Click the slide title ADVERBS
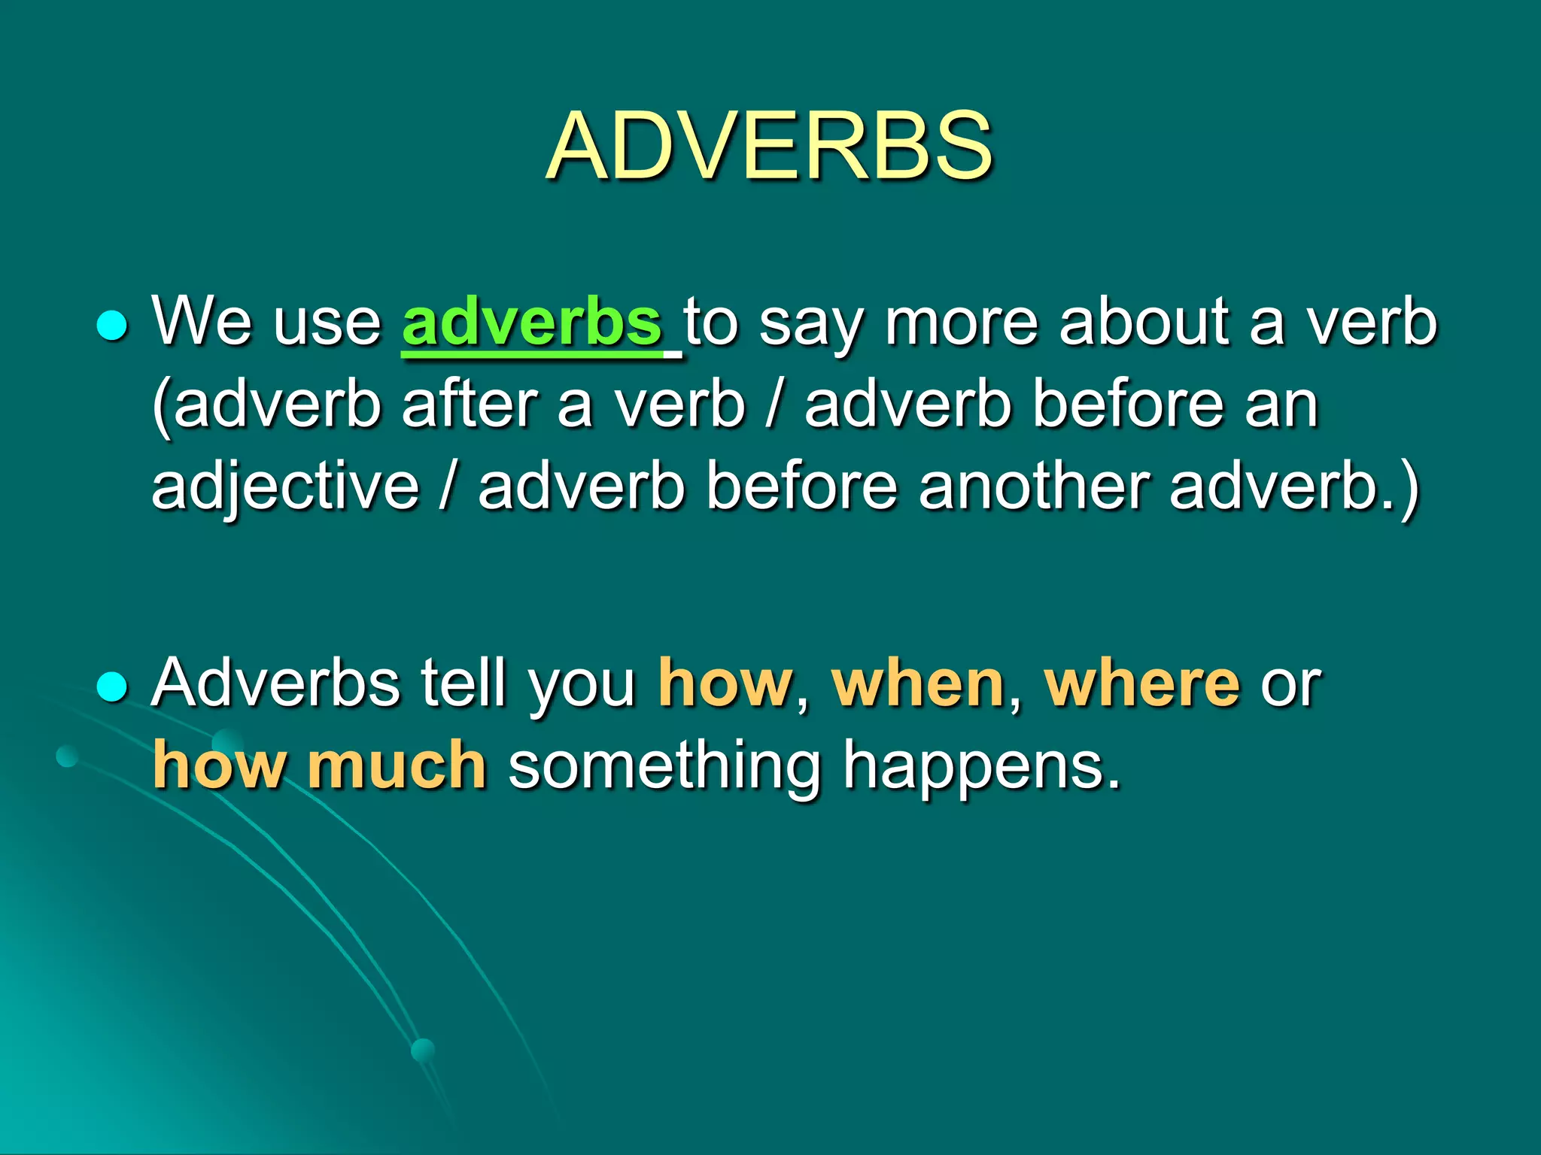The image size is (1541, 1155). coord(769,146)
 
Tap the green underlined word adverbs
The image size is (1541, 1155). coord(532,322)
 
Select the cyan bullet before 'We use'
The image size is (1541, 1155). coord(113,326)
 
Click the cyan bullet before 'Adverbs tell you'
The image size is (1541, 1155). coord(113,687)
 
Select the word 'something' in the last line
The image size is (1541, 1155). coord(664,767)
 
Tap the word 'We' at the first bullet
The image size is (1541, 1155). coord(202,322)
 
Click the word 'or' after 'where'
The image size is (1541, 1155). coord(1290,684)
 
